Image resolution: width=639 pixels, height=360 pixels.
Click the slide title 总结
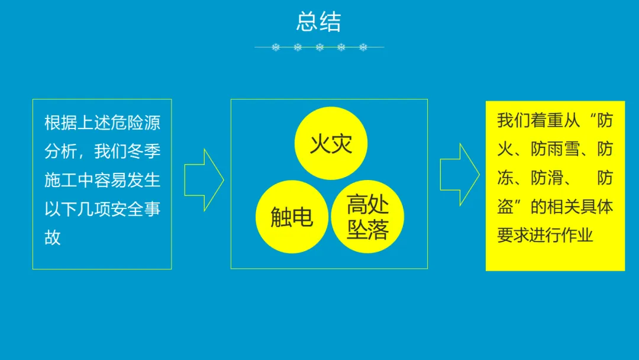coord(319,22)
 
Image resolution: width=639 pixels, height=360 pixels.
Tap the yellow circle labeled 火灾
coord(331,143)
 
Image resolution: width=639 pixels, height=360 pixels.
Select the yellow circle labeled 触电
coord(292,217)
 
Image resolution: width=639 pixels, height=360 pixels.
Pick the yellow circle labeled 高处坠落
coord(367,217)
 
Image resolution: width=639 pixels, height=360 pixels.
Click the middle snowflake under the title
coord(319,47)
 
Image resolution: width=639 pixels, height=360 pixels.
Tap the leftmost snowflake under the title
coord(276,47)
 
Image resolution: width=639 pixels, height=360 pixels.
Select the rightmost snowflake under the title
coord(363,47)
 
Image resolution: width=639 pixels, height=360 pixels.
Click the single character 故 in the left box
coord(53,237)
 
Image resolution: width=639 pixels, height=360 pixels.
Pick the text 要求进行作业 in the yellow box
coord(545,235)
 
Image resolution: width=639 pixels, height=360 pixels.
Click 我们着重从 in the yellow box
coord(530,121)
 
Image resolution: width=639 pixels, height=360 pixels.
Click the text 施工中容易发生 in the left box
coord(102,180)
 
